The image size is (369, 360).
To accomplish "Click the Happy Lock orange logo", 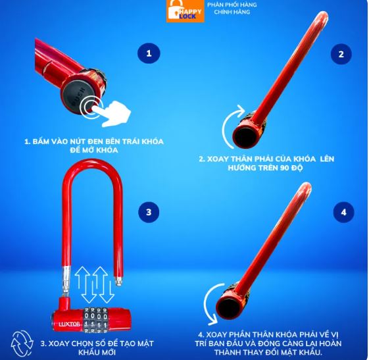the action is coord(185,11).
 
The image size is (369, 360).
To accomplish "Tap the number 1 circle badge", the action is coord(149,53).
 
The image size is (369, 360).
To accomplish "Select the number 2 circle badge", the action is coord(341,54).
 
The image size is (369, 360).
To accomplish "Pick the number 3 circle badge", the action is coord(149,212).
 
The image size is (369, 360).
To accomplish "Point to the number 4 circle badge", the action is coord(344,212).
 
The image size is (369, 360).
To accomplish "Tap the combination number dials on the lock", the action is coord(95,320).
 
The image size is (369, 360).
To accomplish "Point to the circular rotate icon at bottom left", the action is coord(22,344).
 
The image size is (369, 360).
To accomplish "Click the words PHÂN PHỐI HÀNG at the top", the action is coord(232,5).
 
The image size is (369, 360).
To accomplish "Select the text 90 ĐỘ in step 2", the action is coord(291,168).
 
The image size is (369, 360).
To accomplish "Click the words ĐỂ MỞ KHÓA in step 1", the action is coord(94,150).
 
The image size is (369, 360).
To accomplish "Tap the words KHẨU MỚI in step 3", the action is coord(97,353).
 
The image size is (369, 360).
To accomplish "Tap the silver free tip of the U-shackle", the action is coord(118,281).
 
